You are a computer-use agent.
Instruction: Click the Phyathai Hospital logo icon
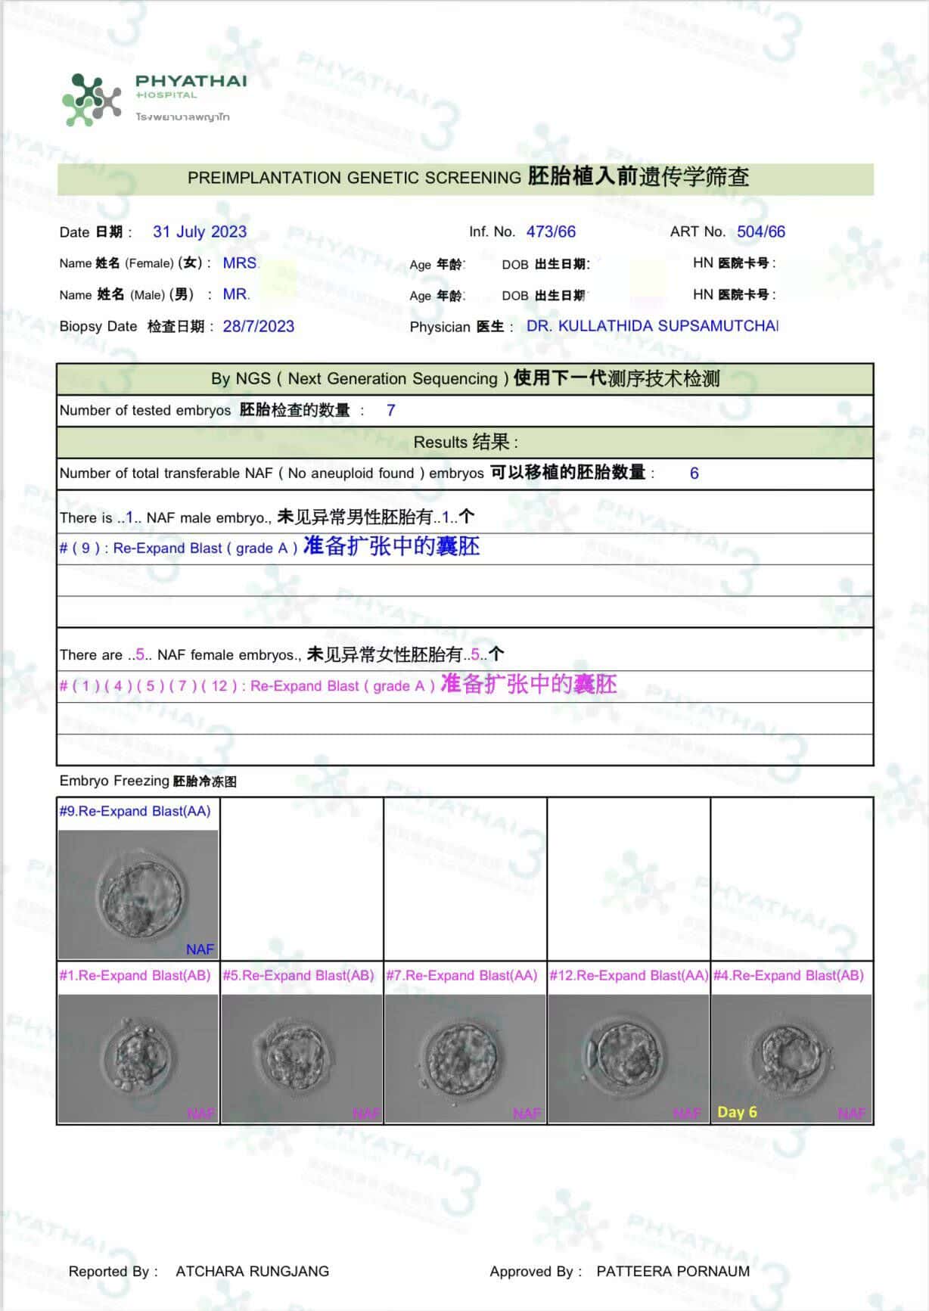91,99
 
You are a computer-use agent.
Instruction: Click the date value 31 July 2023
200,232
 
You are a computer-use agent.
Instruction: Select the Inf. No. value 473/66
551,232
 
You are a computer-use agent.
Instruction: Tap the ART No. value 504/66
761,232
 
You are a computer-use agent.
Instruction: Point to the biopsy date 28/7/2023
258,327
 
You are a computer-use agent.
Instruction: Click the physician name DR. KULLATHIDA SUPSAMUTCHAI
652,326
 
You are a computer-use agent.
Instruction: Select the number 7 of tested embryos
390,411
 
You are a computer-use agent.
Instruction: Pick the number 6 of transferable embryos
694,474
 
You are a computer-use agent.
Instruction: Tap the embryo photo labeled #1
138,1058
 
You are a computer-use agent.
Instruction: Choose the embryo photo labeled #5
301,1058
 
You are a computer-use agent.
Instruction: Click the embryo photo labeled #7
464,1058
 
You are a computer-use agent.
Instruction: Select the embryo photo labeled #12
628,1058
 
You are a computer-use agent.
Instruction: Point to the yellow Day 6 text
737,1112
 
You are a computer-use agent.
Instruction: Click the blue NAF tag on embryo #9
200,949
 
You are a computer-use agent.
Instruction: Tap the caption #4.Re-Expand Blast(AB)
788,976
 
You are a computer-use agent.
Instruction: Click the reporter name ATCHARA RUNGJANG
252,1272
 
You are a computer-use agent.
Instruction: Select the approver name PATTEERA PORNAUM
673,1272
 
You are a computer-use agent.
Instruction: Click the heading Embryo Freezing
114,781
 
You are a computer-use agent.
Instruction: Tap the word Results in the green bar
440,443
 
